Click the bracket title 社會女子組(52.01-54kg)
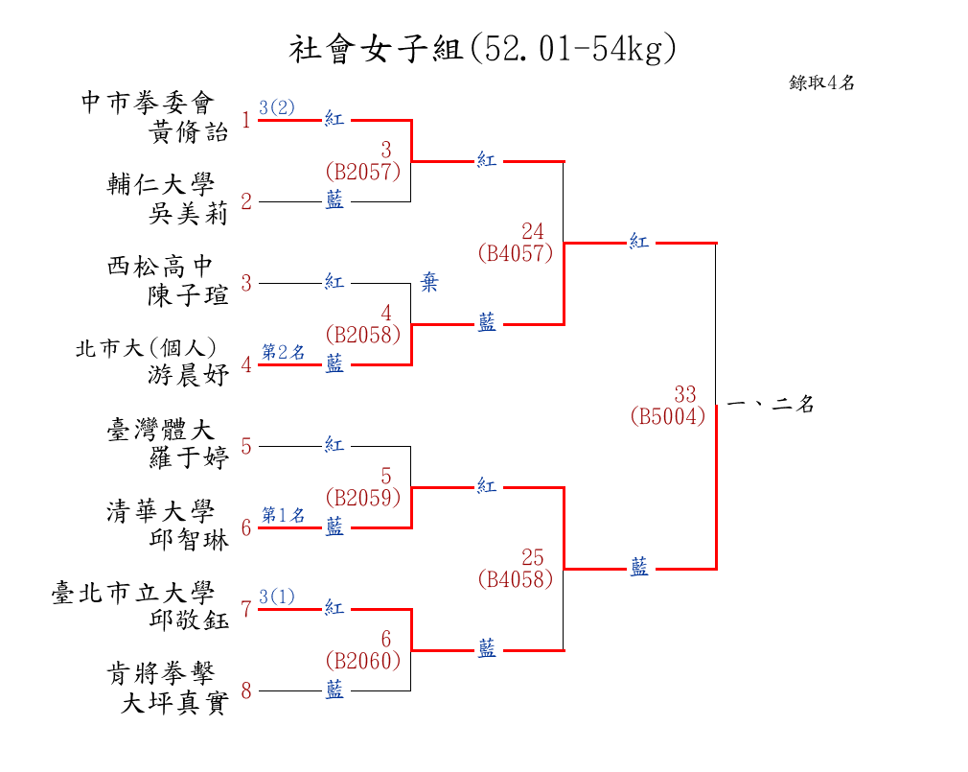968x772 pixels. pos(483,48)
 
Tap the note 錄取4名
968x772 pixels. pos(821,82)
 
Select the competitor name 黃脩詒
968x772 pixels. pos(188,131)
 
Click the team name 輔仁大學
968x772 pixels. pos(160,183)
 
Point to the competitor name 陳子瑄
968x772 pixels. pos(188,295)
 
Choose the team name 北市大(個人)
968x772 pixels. pos(146,348)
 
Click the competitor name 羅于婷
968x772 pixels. pos(188,457)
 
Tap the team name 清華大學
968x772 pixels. pos(160,510)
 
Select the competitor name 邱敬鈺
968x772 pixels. pos(188,620)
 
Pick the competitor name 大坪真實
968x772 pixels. pos(174,702)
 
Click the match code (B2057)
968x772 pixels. pos(363,171)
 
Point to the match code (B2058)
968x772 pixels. pos(363,334)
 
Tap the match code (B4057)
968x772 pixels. pos(516,252)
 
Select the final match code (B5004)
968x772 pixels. pos(668,415)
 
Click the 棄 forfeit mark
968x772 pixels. pos(429,282)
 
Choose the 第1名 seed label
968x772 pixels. pos(284,514)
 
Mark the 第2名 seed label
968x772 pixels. pos(284,351)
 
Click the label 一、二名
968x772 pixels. pos(771,404)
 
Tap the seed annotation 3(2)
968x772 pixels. pos(277,107)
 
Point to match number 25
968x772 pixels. pos(532,557)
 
